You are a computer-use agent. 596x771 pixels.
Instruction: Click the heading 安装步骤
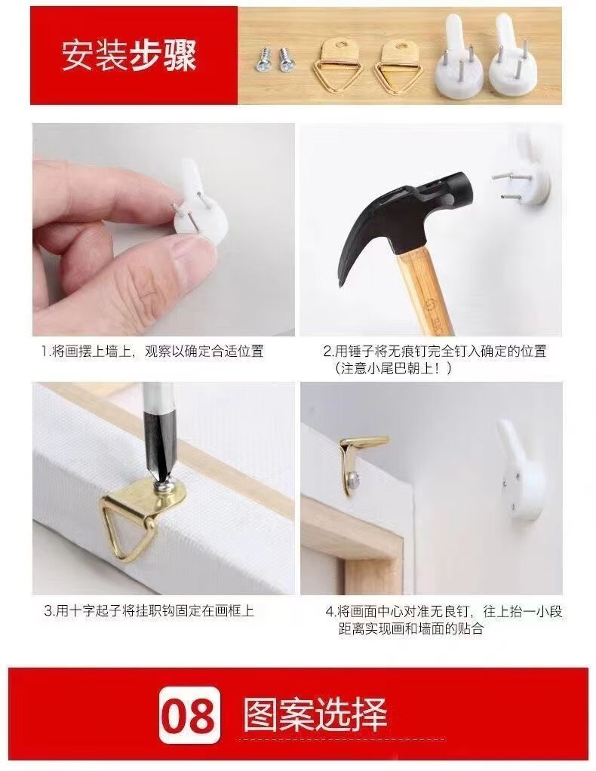(129, 55)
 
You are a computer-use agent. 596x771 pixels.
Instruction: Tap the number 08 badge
(189, 714)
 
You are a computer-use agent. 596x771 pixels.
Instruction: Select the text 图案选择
(315, 714)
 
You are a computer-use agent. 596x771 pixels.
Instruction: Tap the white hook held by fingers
(200, 201)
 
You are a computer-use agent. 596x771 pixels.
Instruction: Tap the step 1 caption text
(152, 351)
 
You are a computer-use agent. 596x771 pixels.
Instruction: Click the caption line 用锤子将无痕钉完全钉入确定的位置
(435, 351)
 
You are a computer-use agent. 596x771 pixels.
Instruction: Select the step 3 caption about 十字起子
(149, 611)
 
